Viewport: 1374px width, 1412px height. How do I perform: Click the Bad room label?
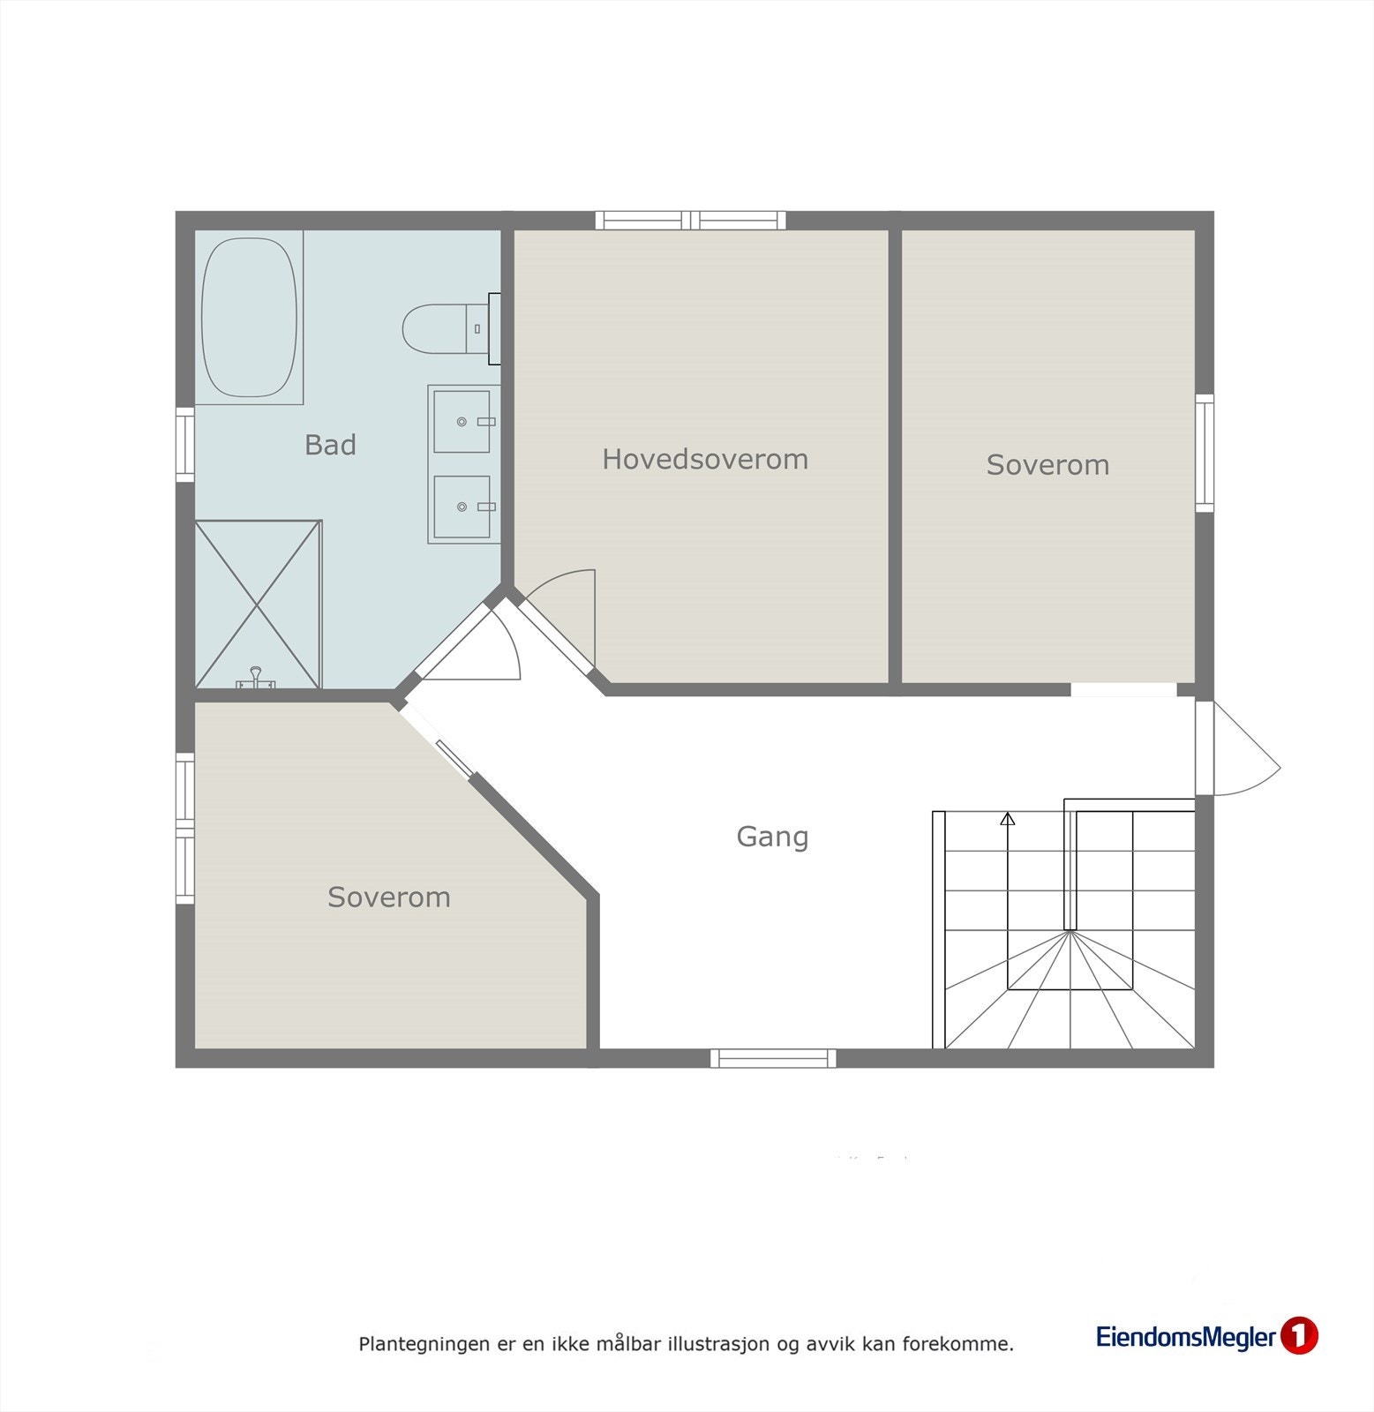[x=330, y=445]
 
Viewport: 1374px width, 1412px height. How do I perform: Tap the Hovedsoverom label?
[x=704, y=459]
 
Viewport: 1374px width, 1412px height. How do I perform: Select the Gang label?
[x=772, y=837]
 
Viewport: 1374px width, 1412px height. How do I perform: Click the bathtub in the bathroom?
[x=249, y=318]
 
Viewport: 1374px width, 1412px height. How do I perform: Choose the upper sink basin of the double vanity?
[x=462, y=422]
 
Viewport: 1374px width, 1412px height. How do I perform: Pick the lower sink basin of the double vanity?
[x=462, y=507]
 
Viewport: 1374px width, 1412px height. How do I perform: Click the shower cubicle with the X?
[x=257, y=605]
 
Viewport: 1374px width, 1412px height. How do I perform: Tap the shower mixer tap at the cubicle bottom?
[x=256, y=678]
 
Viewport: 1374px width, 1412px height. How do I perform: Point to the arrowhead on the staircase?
[x=1008, y=819]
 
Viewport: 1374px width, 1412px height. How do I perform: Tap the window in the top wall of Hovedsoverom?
[x=690, y=220]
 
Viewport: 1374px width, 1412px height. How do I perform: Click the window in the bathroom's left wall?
[x=184, y=444]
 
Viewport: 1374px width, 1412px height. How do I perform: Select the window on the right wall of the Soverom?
[x=1205, y=453]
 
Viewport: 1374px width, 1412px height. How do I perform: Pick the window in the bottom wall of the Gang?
[x=773, y=1058]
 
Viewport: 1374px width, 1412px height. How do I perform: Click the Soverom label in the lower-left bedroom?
[x=388, y=898]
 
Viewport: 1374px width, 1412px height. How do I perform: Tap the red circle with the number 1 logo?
[x=1298, y=1336]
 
